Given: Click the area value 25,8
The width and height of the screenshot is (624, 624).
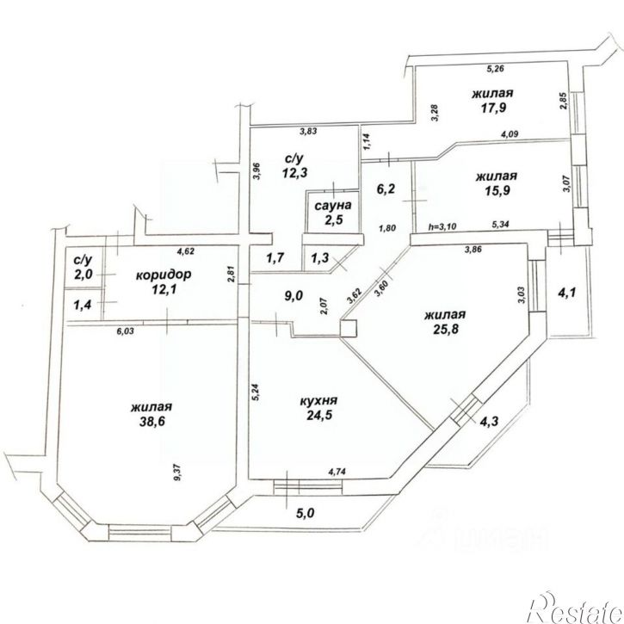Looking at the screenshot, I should (445, 331).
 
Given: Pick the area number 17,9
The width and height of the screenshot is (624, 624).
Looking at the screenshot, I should (492, 109).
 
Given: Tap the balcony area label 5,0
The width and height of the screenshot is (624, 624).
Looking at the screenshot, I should (305, 514).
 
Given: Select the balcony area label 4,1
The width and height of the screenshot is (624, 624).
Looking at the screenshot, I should (566, 293).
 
